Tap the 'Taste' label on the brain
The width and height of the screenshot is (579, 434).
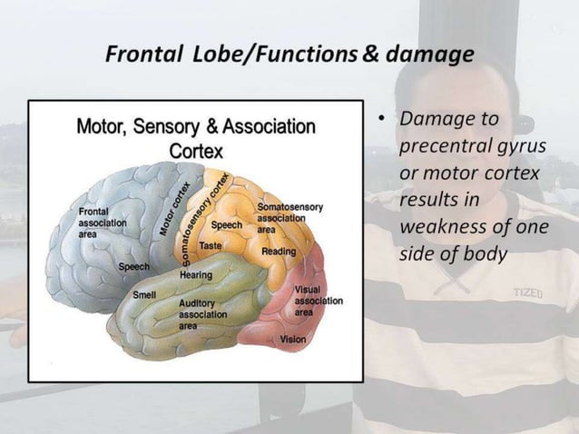(x=211, y=245)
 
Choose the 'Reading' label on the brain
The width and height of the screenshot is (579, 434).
(x=278, y=251)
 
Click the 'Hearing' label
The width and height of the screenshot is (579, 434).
(x=196, y=274)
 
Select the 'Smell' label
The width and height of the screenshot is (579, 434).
(x=144, y=295)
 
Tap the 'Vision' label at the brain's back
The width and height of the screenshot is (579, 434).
(x=293, y=339)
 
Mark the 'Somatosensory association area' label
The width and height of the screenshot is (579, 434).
(x=287, y=218)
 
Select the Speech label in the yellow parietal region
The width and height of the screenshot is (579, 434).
(x=226, y=224)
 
